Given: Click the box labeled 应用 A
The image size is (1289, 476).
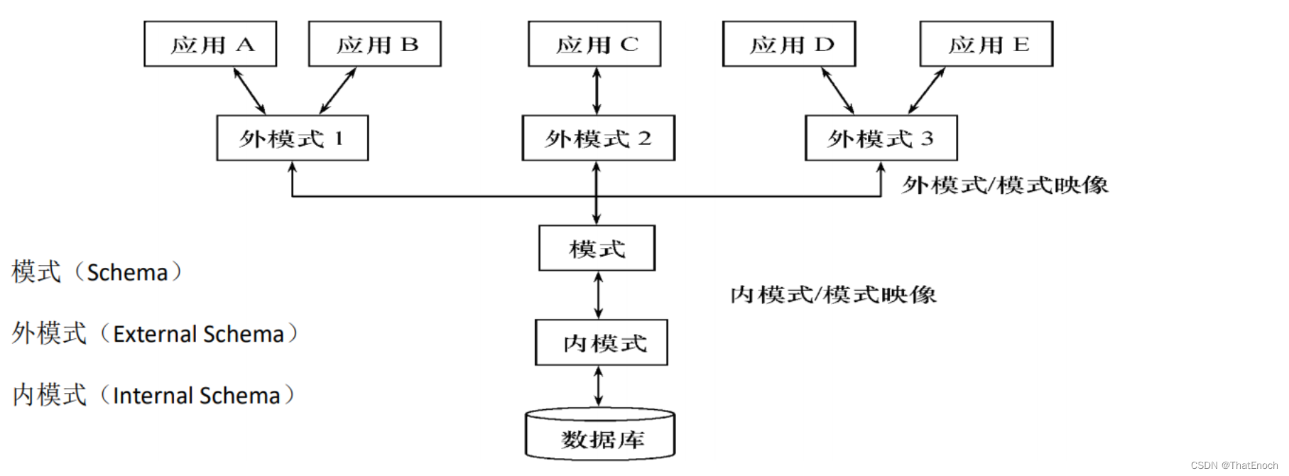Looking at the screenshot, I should coord(210,44).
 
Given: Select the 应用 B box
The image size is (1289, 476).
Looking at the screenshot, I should coord(375,44).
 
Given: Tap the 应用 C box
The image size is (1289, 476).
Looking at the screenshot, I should coord(594,44).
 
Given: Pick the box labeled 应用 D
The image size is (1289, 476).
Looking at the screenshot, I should coord(789,44).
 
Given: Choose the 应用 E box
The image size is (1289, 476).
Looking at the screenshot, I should coord(986,44).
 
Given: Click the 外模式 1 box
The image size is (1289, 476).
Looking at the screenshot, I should coord(293,138).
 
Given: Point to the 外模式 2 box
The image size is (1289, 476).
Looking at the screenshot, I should coord(598,138).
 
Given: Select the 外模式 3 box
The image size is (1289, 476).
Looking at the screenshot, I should coord(881,138).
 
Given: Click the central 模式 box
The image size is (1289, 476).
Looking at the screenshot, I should coord(597,249).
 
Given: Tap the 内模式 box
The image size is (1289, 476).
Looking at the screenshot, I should coord(602,343).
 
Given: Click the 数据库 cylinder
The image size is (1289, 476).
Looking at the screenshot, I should coord(600,435).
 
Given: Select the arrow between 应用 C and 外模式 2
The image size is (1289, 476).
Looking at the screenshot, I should coord(597,91).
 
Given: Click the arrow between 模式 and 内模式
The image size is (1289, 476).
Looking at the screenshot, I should coord(599,296).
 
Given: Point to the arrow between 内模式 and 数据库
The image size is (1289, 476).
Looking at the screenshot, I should coord(599,386).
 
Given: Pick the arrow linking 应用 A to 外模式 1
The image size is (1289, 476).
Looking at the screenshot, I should coord(249,91).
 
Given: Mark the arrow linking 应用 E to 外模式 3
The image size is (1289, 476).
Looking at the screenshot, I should coord(927,91).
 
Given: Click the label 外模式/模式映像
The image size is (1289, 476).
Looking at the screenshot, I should coord(1004,185).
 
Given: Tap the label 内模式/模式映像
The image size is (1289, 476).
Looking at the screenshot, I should coord(833,294).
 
